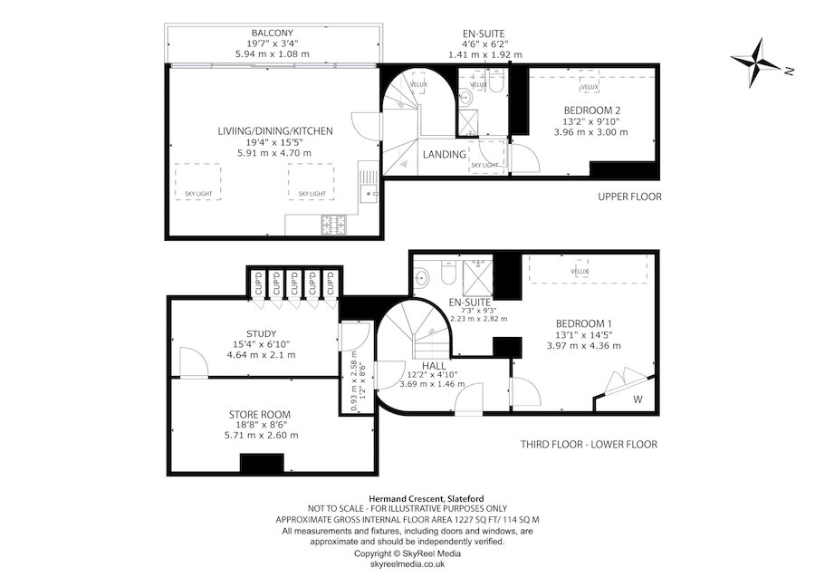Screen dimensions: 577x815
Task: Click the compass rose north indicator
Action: pos(762,60)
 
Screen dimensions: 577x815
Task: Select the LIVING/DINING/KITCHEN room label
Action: pos(275,131)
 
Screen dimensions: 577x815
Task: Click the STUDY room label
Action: pos(260,333)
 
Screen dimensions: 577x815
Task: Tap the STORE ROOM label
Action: pos(260,414)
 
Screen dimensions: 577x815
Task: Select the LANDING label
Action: pos(445,155)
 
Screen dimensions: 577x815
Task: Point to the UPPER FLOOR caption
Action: pos(630,197)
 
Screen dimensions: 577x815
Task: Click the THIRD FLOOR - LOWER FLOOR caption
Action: pos(588,445)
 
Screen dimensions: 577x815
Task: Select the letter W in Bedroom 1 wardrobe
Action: pos(638,399)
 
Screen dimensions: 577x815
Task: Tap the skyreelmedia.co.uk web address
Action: pos(407,563)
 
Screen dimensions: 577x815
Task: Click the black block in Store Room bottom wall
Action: pos(263,462)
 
